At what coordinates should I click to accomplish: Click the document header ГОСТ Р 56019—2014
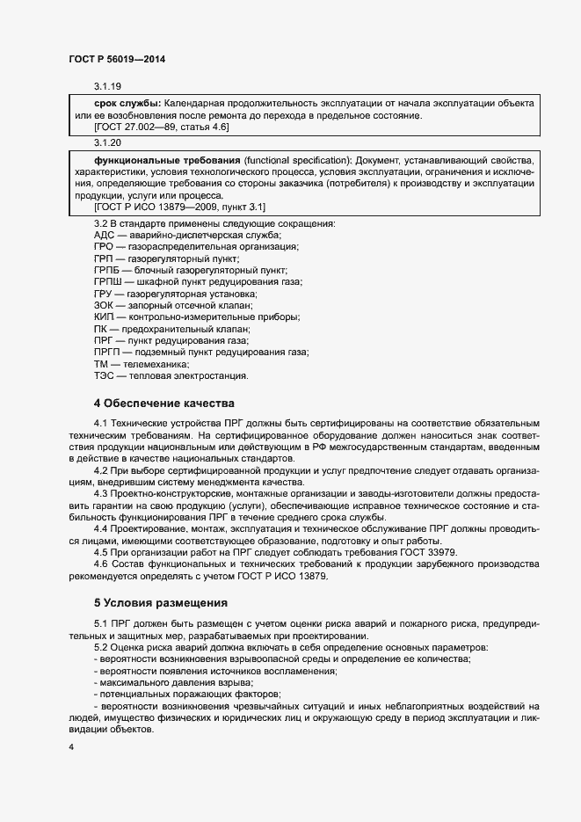coord(117,59)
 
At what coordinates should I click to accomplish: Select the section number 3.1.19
coord(107,87)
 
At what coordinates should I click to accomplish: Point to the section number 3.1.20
coord(107,143)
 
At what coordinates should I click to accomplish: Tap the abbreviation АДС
coord(104,236)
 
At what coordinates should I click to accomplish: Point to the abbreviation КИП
coord(104,316)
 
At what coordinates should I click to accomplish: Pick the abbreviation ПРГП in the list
coord(107,352)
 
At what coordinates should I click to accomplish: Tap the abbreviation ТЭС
coord(104,375)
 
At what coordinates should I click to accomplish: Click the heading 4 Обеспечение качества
coord(163,404)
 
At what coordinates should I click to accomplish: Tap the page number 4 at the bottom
coord(71,747)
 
